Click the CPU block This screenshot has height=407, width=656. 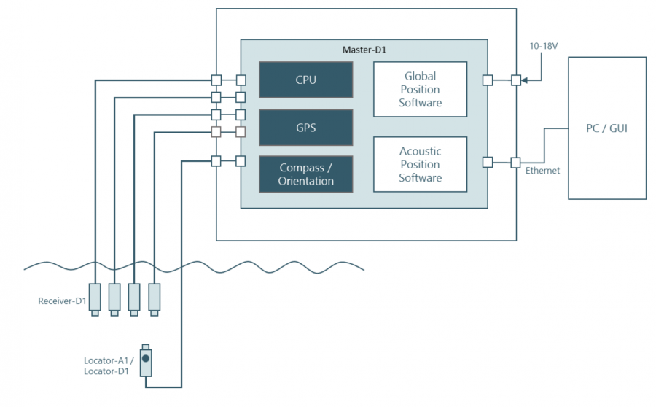[306, 80]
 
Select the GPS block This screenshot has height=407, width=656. [306, 128]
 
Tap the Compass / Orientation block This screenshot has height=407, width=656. [306, 174]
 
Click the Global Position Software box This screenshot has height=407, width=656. [420, 89]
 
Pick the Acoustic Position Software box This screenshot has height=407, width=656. [420, 164]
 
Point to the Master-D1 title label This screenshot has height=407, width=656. [364, 50]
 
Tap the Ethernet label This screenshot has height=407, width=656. [542, 171]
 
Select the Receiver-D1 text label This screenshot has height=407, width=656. [63, 301]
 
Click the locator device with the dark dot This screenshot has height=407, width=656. [146, 360]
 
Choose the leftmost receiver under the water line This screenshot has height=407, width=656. [95, 298]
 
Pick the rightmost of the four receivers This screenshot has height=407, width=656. [154, 298]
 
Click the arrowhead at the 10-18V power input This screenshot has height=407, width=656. [524, 80]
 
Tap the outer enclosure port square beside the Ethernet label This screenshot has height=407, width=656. [515, 162]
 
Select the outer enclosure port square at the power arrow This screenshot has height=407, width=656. [515, 80]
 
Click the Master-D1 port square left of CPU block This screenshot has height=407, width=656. [241, 80]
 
